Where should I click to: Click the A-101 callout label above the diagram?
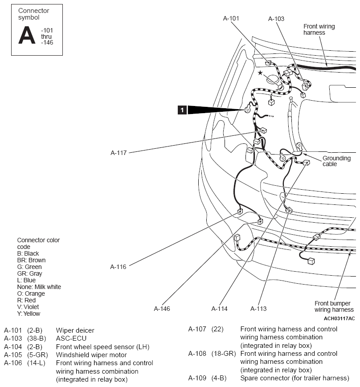pyautogui.click(x=231, y=18)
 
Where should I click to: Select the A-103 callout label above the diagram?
pyautogui.click(x=276, y=19)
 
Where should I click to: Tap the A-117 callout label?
pyautogui.click(x=119, y=153)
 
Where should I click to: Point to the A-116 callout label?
pyautogui.click(x=118, y=267)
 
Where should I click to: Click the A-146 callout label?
pyautogui.click(x=162, y=309)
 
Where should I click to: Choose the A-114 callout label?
pyautogui.click(x=219, y=309)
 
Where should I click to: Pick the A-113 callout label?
pyautogui.click(x=258, y=309)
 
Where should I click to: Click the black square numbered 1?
pyautogui.click(x=182, y=110)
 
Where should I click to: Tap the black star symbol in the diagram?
pyautogui.click(x=260, y=73)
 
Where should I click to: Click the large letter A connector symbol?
pyautogui.click(x=27, y=35)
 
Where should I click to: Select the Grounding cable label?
pyautogui.click(x=336, y=161)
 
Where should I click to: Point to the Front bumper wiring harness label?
pyautogui.click(x=334, y=306)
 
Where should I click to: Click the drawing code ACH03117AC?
pyautogui.click(x=339, y=318)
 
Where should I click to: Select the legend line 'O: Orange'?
pyautogui.click(x=31, y=294)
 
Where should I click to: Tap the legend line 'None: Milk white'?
pyautogui.click(x=39, y=287)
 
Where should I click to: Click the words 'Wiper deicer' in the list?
pyautogui.click(x=75, y=330)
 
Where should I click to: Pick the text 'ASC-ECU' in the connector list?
pyautogui.click(x=71, y=338)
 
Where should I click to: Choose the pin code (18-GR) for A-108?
pyautogui.click(x=224, y=354)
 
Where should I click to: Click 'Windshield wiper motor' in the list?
pyautogui.click(x=91, y=355)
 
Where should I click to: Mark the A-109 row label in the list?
pyautogui.click(x=197, y=378)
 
